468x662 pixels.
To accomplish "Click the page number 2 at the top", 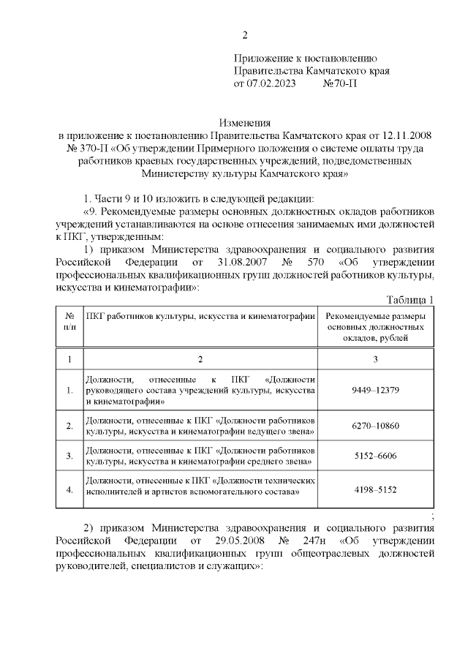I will pos(246,35).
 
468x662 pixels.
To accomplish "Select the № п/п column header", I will pos(69,320).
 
